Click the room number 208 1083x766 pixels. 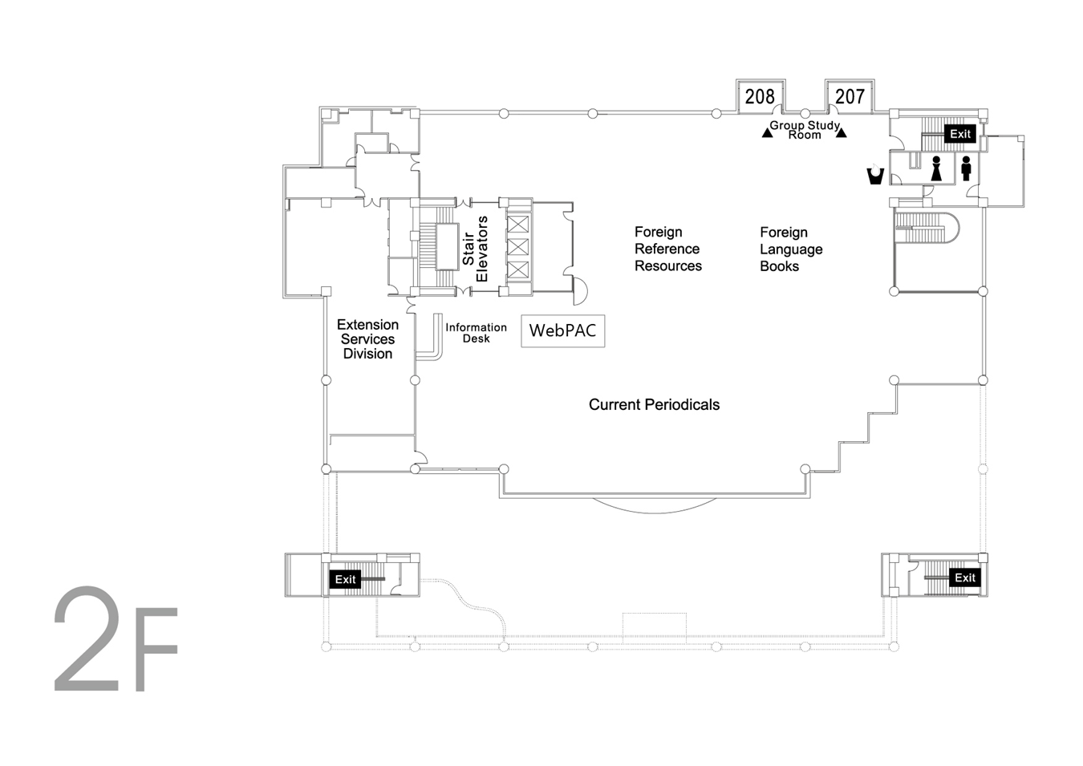760,97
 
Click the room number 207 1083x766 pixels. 850,97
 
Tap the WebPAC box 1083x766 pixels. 563,330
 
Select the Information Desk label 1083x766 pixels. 477,333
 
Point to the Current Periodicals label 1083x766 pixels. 654,404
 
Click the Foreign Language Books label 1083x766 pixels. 791,249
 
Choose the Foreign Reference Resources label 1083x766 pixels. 668,249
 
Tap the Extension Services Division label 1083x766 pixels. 368,339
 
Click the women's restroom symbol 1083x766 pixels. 936,168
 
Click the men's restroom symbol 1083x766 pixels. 967,168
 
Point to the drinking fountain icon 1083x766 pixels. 875,175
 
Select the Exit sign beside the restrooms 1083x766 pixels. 960,134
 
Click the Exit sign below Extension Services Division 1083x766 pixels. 345,579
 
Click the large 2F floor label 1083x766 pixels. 116,640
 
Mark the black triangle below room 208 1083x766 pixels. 767,133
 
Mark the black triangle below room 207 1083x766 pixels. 842,132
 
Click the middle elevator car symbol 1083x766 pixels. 517,247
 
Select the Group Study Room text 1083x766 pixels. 805,130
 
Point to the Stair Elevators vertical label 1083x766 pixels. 475,249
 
